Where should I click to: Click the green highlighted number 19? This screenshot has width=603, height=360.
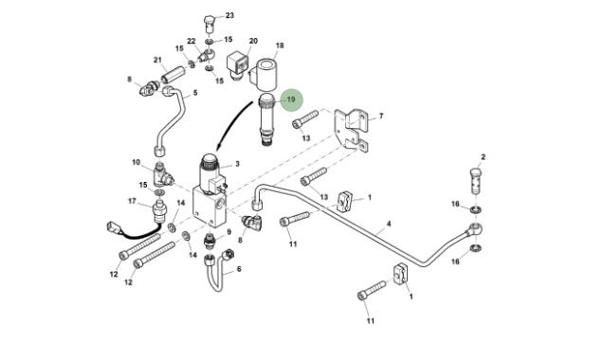[x=291, y=99]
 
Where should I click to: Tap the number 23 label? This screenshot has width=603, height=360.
[x=229, y=15]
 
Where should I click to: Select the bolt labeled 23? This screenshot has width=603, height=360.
[x=210, y=24]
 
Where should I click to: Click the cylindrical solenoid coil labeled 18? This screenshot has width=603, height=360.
[x=265, y=75]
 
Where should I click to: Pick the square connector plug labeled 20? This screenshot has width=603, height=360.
[x=238, y=64]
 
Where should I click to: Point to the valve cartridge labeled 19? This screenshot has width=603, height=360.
[x=266, y=119]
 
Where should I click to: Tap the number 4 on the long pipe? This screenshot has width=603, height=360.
[x=389, y=224]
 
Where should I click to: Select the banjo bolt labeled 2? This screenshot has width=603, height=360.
[x=476, y=181]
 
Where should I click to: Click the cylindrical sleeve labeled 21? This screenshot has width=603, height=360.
[x=174, y=74]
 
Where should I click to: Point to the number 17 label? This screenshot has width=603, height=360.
[x=132, y=201]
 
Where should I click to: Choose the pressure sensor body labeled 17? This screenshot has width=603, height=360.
[x=159, y=211]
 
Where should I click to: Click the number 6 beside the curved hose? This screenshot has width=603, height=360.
[x=239, y=269]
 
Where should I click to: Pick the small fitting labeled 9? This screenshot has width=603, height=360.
[x=210, y=240]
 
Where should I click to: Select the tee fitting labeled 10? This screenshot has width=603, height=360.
[x=163, y=175]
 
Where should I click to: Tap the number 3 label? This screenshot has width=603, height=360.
[x=237, y=164]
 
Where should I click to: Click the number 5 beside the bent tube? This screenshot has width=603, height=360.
[x=195, y=93]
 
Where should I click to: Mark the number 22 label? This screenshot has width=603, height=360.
[x=192, y=41]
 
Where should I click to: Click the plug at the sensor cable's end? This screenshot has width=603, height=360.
[x=114, y=227]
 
